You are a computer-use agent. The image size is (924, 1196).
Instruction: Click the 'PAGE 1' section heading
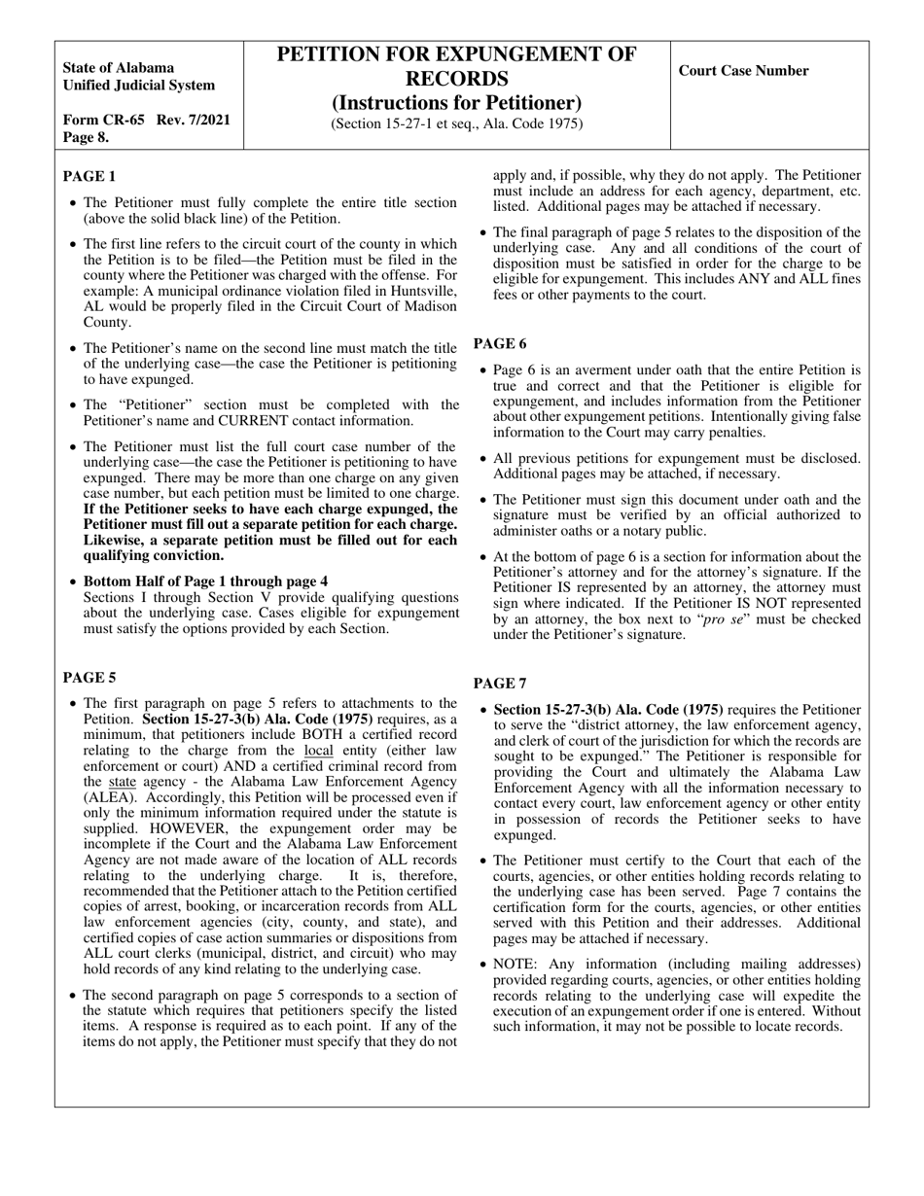click(89, 176)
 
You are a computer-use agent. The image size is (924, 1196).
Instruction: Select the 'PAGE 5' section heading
click(89, 678)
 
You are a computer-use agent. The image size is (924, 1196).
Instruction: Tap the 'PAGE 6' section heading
click(500, 343)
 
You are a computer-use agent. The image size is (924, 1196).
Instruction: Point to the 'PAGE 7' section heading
click(500, 684)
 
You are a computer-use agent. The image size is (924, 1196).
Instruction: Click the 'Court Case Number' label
click(743, 70)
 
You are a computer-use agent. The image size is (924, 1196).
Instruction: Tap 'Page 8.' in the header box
click(86, 137)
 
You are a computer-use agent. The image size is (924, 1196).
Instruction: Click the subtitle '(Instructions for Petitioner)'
click(457, 103)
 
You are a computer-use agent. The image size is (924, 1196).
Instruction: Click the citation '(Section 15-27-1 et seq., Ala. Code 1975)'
click(457, 123)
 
